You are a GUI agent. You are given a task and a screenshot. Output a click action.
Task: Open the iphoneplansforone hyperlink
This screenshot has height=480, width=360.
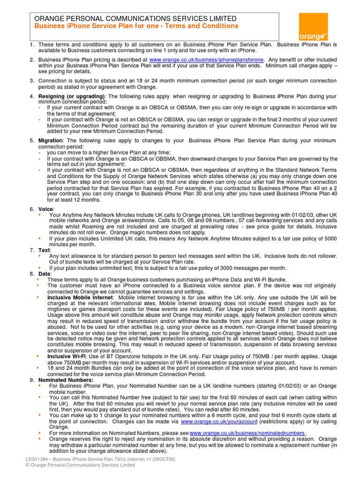click(x=206, y=60)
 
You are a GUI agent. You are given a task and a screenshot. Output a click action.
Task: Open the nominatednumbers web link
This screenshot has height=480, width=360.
click(x=247, y=433)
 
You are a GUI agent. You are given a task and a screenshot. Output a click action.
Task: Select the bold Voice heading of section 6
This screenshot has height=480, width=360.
click(x=46, y=209)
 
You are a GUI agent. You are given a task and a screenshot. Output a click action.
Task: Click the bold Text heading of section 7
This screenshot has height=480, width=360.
click(x=45, y=250)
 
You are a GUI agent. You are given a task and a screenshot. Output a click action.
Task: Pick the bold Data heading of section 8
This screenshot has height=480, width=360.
click(x=45, y=273)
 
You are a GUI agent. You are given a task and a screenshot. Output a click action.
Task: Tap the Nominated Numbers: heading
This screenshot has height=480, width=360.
click(x=66, y=380)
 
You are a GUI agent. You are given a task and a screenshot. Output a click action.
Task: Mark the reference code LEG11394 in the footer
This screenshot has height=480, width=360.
click(x=37, y=459)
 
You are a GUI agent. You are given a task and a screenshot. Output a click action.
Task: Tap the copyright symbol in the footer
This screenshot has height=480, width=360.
click(x=27, y=465)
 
